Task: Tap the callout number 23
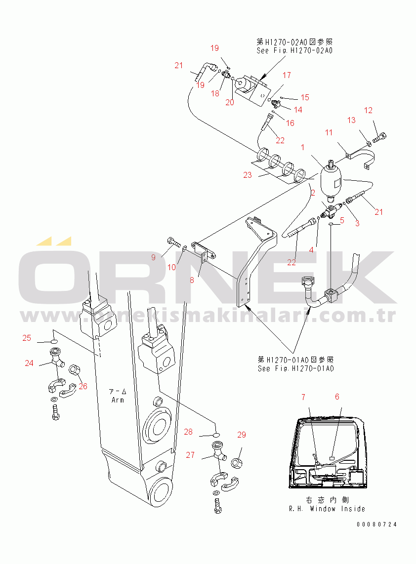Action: click(248, 175)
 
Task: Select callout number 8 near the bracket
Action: click(192, 280)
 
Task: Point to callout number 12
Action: click(369, 110)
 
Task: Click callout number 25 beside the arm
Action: click(27, 338)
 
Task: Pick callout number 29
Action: click(241, 435)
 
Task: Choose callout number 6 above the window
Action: click(337, 397)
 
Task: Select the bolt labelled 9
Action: click(173, 242)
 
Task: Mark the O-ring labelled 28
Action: click(216, 435)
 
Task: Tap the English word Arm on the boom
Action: click(118, 400)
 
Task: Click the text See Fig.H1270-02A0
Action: click(294, 50)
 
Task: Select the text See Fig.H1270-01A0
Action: click(295, 368)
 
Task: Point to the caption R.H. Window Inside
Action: click(327, 509)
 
